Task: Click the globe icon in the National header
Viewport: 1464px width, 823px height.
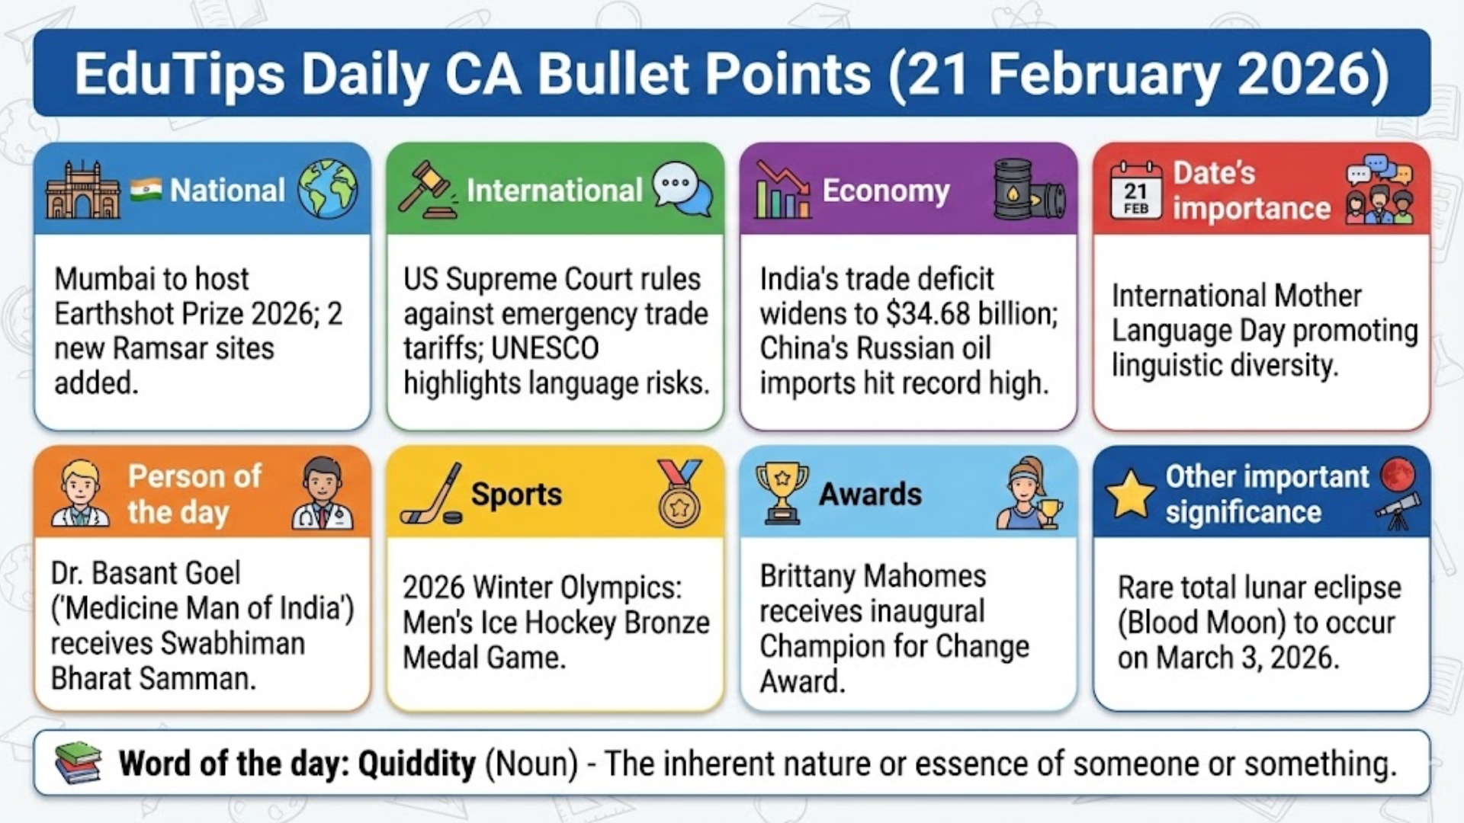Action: point(327,189)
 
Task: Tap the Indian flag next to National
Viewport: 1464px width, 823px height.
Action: point(146,189)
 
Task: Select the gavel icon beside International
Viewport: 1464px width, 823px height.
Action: point(425,191)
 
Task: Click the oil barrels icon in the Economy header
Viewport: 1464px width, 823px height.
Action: point(1028,191)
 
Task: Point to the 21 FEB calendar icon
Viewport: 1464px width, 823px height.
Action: point(1135,191)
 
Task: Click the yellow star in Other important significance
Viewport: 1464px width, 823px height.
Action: point(1130,495)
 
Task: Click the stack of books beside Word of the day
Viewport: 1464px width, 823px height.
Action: point(79,763)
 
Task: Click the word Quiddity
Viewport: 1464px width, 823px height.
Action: point(416,764)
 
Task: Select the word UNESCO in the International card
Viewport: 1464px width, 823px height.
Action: point(544,349)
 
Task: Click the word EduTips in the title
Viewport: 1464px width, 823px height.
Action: point(179,74)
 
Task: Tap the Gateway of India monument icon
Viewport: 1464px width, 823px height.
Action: point(82,191)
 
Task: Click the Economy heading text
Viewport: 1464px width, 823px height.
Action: point(885,191)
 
